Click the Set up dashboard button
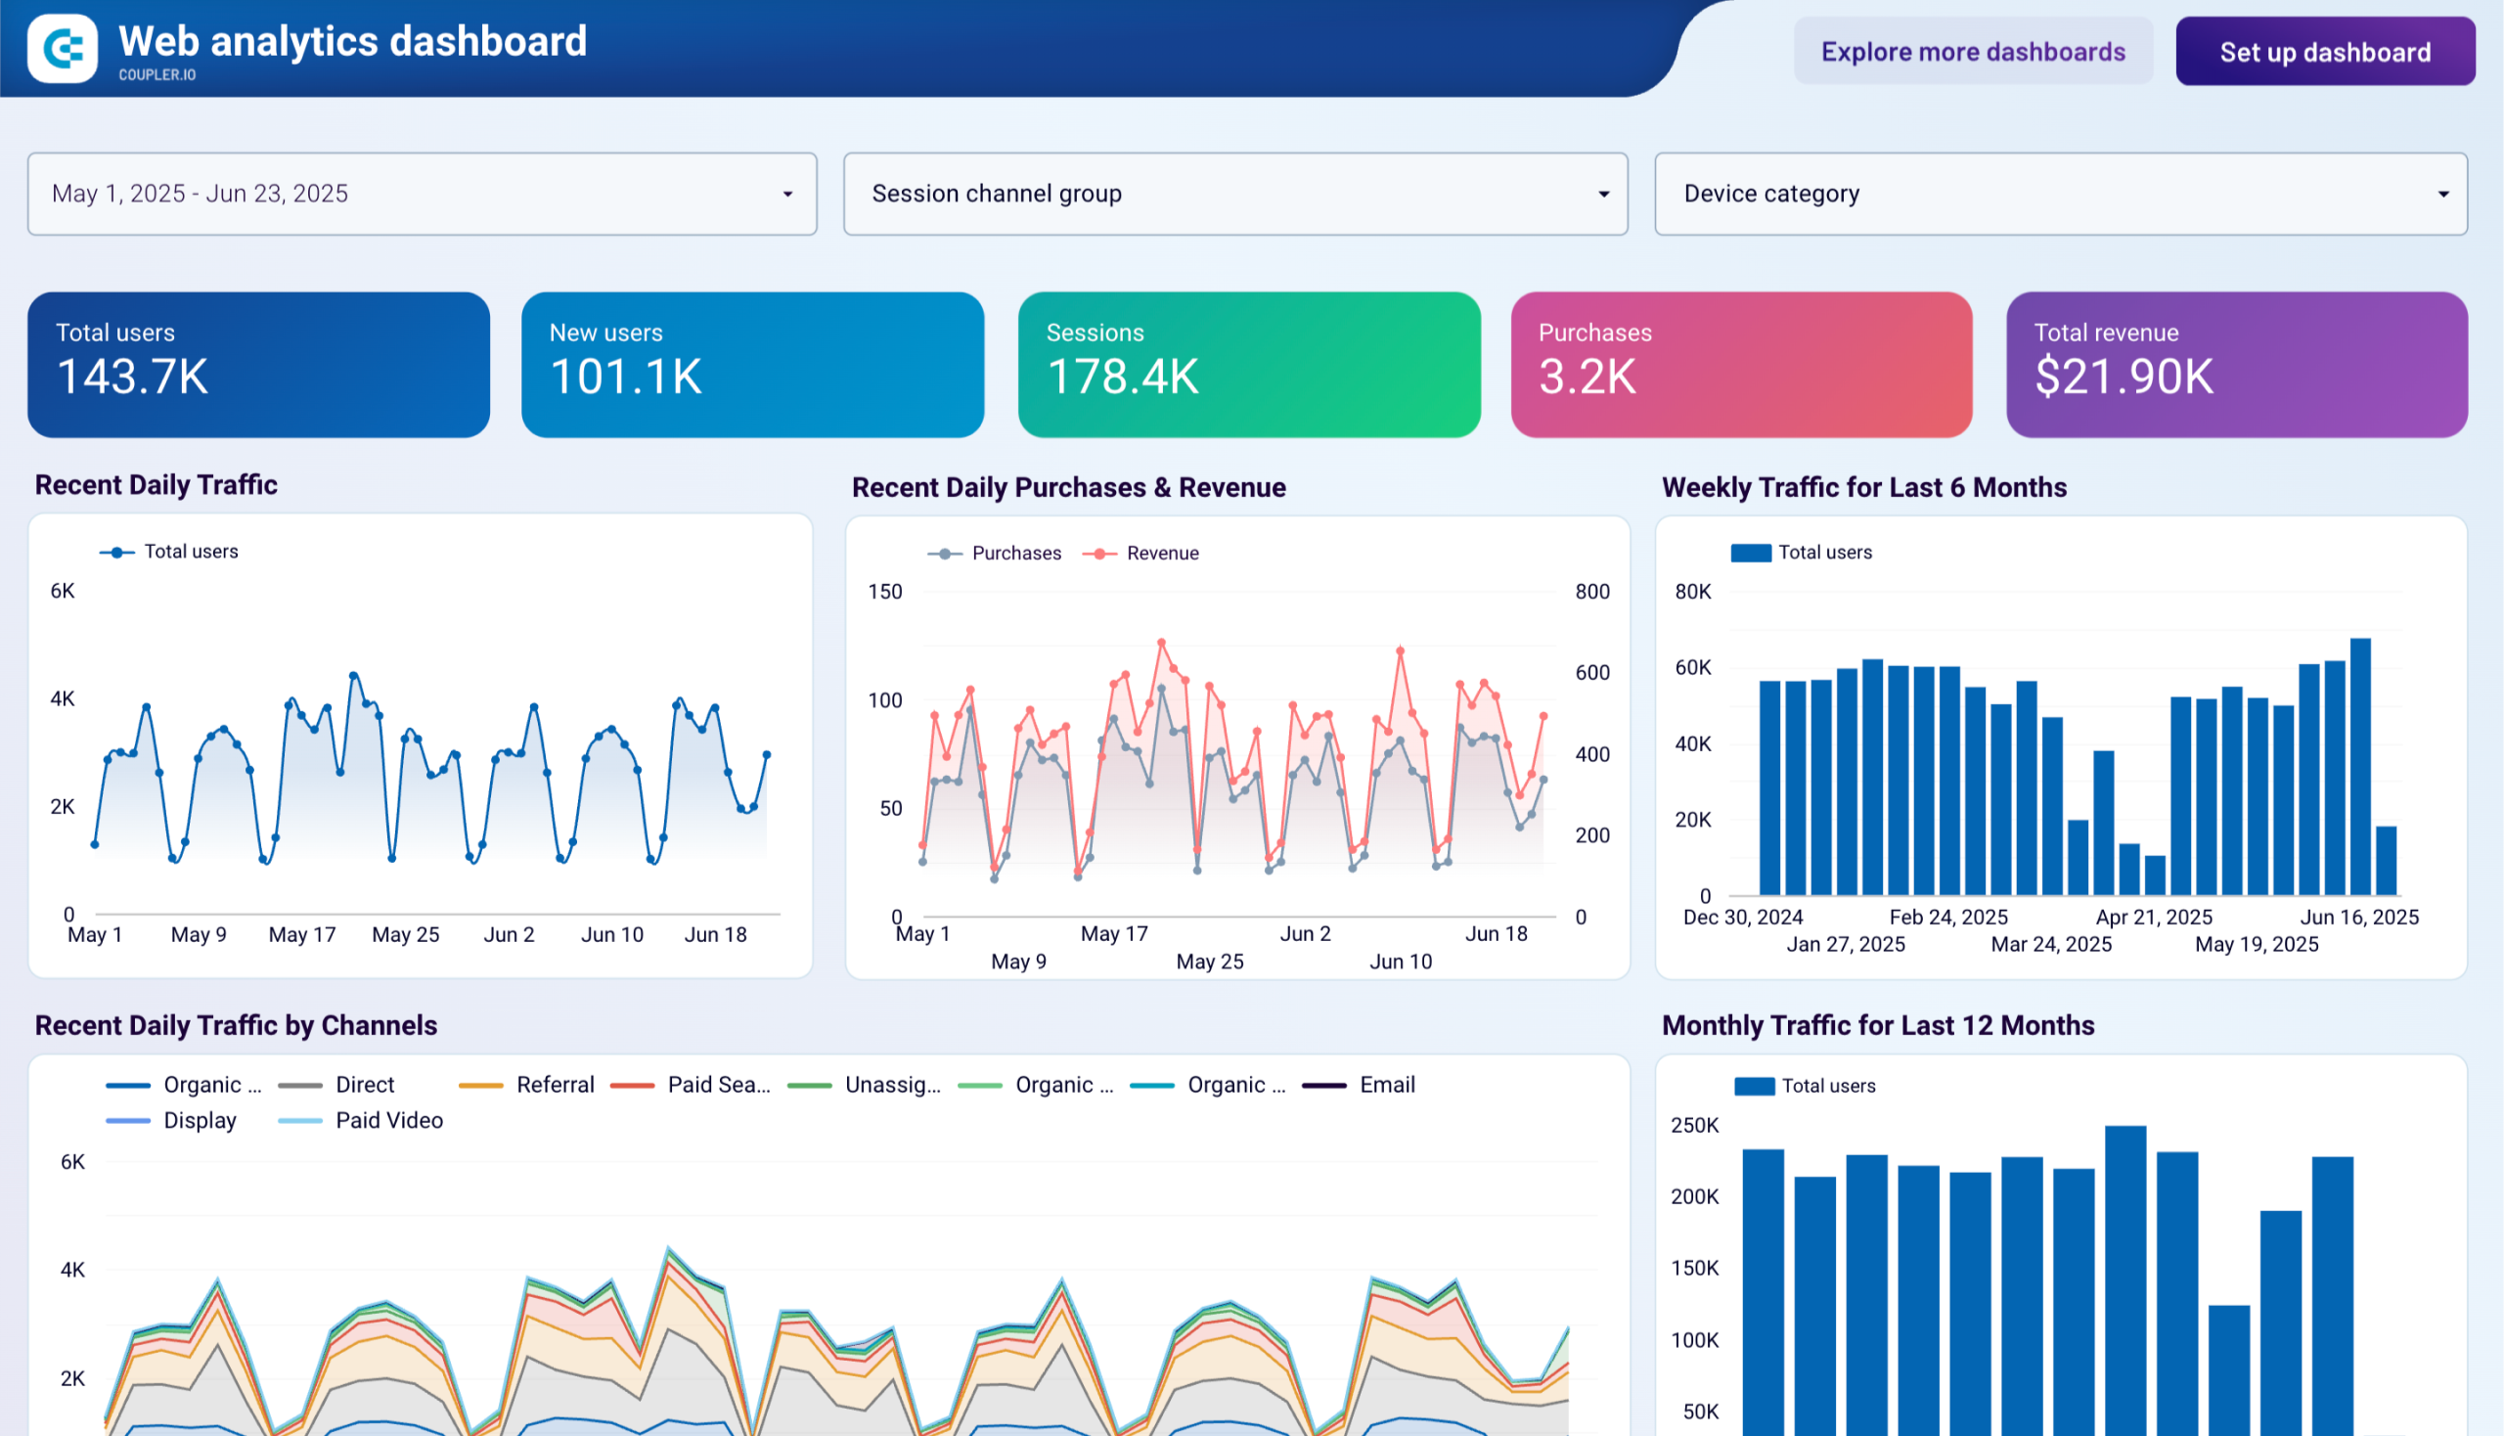(x=2324, y=51)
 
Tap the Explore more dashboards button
(x=1973, y=51)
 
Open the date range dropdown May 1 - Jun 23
(x=422, y=194)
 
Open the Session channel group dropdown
(x=1234, y=194)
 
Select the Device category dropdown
(x=2060, y=194)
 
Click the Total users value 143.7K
(x=132, y=377)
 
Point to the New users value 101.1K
(x=625, y=377)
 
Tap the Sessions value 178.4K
(x=1122, y=377)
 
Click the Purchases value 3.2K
(x=1587, y=377)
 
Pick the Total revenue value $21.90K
(x=2124, y=377)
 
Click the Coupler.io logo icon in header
(x=63, y=48)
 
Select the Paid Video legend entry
(x=388, y=1120)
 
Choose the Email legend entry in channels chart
(x=1386, y=1085)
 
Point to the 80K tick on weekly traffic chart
(x=1692, y=592)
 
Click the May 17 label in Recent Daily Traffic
(x=302, y=935)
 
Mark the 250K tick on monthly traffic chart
(x=1694, y=1125)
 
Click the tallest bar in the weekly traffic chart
(x=2360, y=766)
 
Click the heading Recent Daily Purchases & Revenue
(x=1068, y=487)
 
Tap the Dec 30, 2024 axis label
(x=1743, y=918)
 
